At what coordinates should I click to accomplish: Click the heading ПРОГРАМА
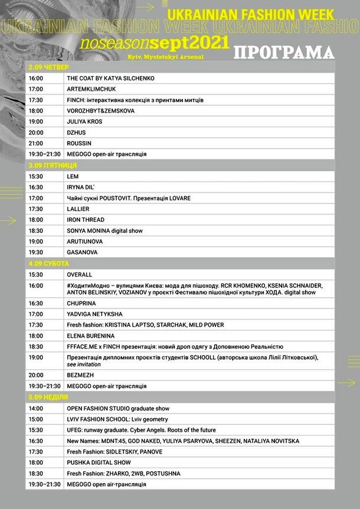pos(283,52)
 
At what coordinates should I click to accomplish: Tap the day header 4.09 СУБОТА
pos(49,264)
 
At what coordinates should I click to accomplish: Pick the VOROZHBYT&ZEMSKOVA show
pos(101,111)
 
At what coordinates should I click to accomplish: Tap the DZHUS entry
pos(76,133)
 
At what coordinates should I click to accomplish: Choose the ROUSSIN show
pos(80,143)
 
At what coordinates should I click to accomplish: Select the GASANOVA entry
pos(82,252)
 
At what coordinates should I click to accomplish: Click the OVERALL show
pos(80,274)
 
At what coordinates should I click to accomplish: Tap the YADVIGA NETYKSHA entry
pos(94,314)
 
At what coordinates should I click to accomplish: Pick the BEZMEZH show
pos(81,375)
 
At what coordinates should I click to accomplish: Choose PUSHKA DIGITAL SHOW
pos(99,462)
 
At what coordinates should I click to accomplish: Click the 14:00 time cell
pos(35,408)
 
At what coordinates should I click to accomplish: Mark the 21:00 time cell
pos(35,143)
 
